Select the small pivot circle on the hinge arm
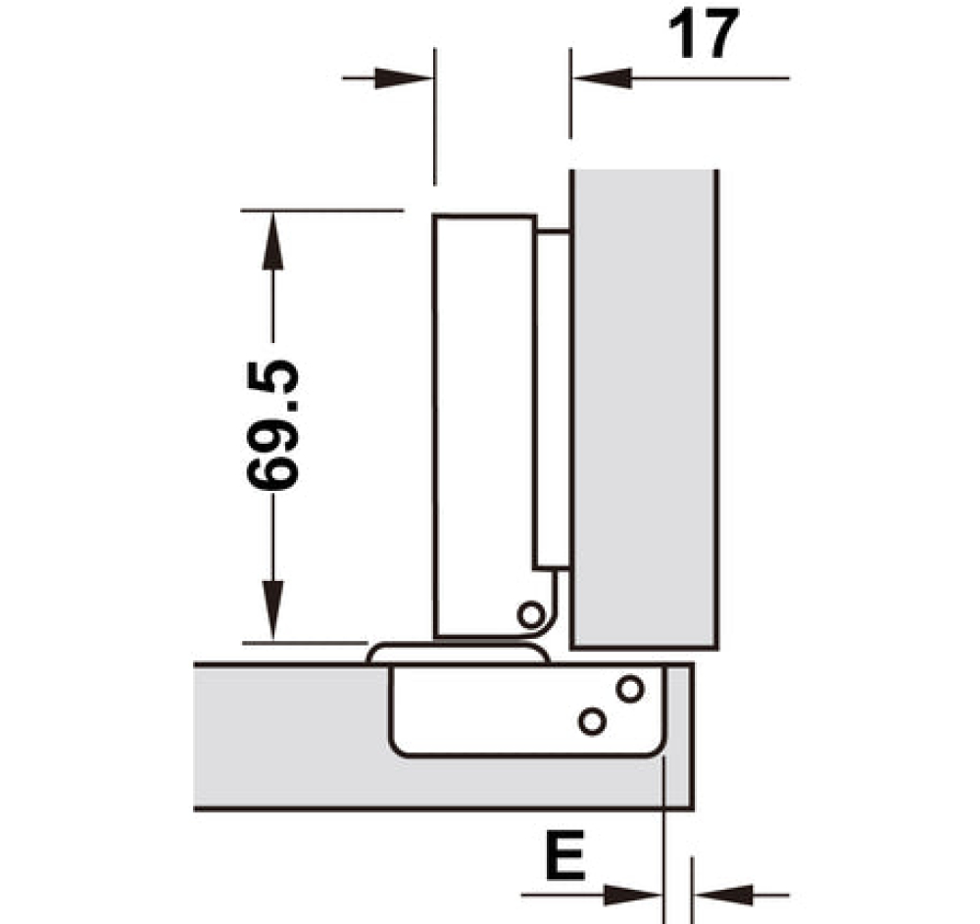[531, 615]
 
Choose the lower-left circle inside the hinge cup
[591, 721]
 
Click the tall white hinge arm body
[484, 421]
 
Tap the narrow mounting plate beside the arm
[554, 392]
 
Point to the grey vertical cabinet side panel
[645, 412]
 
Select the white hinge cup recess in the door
[510, 710]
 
